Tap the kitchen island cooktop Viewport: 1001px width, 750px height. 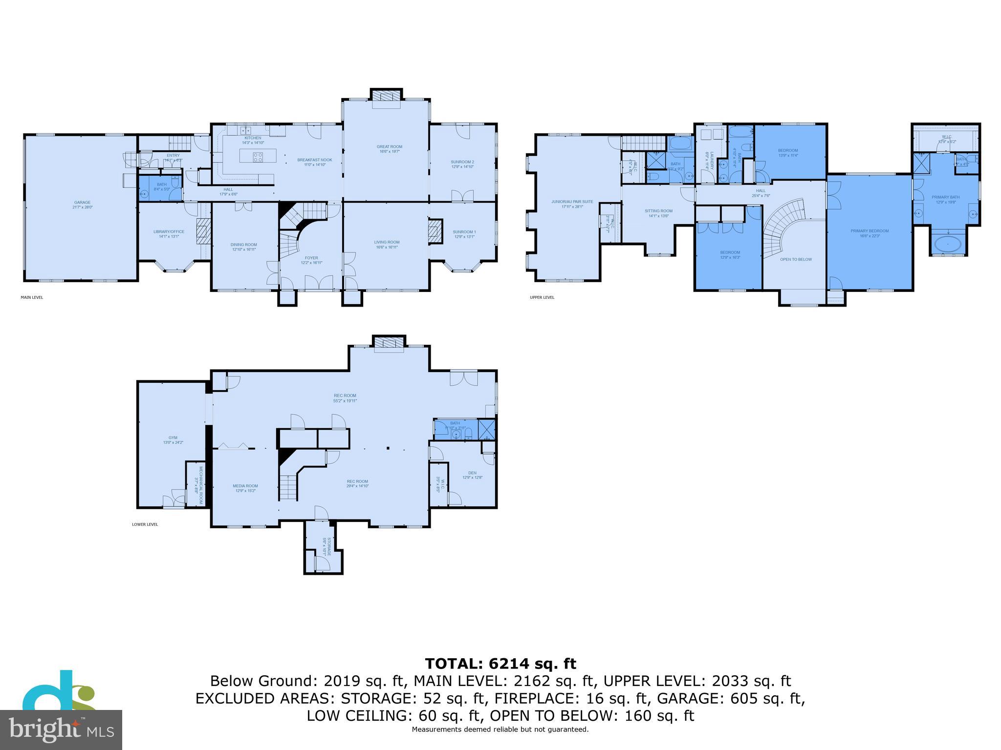click(x=258, y=157)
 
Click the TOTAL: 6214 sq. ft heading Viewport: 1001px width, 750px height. click(x=500, y=664)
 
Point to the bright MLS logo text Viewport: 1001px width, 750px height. click(x=61, y=729)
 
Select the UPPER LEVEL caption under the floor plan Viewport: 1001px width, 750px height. click(x=542, y=297)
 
